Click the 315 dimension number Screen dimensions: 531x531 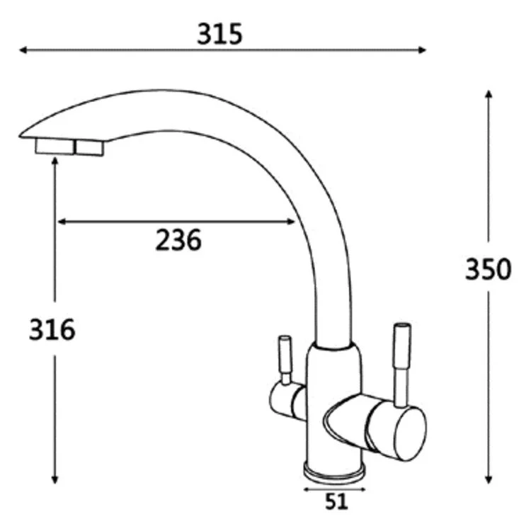pos(219,34)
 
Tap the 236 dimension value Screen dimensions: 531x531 pos(178,240)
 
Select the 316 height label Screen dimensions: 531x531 pos(52,329)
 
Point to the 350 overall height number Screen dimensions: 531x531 pos(488,269)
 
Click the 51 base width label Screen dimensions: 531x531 pos(336,501)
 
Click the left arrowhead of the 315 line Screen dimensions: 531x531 pos(23,50)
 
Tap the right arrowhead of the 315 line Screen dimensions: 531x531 pos(422,50)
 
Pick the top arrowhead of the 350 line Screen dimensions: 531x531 pos(488,94)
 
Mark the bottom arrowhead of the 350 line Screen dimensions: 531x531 pos(488,479)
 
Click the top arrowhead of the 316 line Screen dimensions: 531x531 pos(55,161)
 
